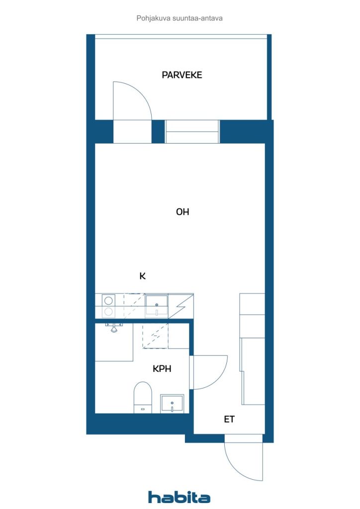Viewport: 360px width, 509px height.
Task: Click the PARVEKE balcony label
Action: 182,75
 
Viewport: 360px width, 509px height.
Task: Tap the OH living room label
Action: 182,212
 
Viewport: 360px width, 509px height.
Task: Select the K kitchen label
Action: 142,276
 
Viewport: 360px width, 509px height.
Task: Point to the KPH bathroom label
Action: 162,368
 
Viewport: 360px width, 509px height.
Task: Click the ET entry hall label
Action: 229,419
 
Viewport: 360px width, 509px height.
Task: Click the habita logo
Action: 179,497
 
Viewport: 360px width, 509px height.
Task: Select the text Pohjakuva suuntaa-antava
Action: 180,18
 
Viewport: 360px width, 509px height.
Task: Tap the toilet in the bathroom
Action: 143,397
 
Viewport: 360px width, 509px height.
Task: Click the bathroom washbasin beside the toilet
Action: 172,404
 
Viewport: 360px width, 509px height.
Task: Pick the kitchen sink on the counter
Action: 157,305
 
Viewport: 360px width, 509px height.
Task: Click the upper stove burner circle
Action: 108,301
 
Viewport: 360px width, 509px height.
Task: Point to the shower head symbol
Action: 113,328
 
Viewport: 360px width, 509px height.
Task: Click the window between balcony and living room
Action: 192,131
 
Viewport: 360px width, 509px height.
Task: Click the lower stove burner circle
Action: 108,312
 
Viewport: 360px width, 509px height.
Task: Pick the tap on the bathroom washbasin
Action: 172,407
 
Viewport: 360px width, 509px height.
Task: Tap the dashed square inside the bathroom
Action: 155,336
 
